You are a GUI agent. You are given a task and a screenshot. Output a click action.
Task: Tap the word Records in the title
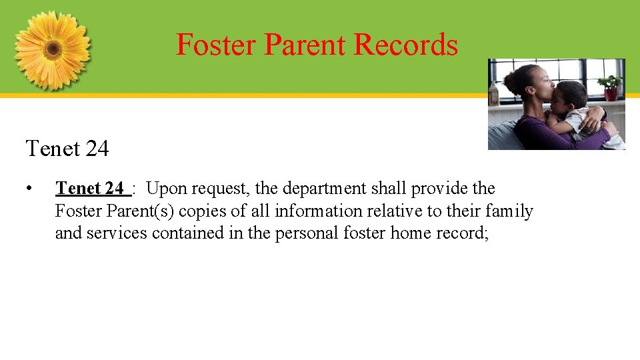click(x=406, y=45)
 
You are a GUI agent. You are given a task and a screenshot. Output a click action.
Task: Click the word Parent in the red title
click(x=305, y=45)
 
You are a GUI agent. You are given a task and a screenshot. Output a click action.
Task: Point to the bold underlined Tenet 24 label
click(x=91, y=189)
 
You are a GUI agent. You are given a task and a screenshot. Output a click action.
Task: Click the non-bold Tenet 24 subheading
click(x=67, y=148)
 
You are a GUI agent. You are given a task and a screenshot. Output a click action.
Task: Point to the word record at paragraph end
click(x=463, y=233)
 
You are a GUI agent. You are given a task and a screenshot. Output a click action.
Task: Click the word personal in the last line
click(x=305, y=233)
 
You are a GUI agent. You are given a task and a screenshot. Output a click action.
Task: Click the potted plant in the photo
click(x=609, y=87)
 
